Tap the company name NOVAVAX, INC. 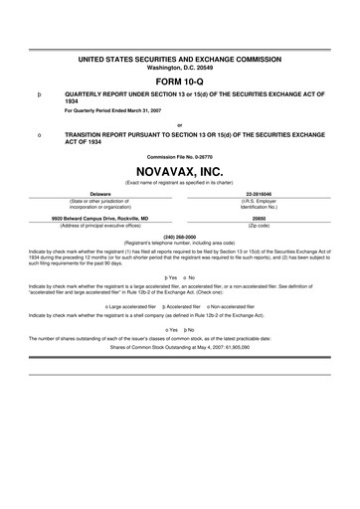(x=180, y=170)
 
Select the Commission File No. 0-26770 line (x=180, y=157)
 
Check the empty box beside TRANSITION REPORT (x=38, y=133)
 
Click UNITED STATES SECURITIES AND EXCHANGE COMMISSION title (x=180, y=46)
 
